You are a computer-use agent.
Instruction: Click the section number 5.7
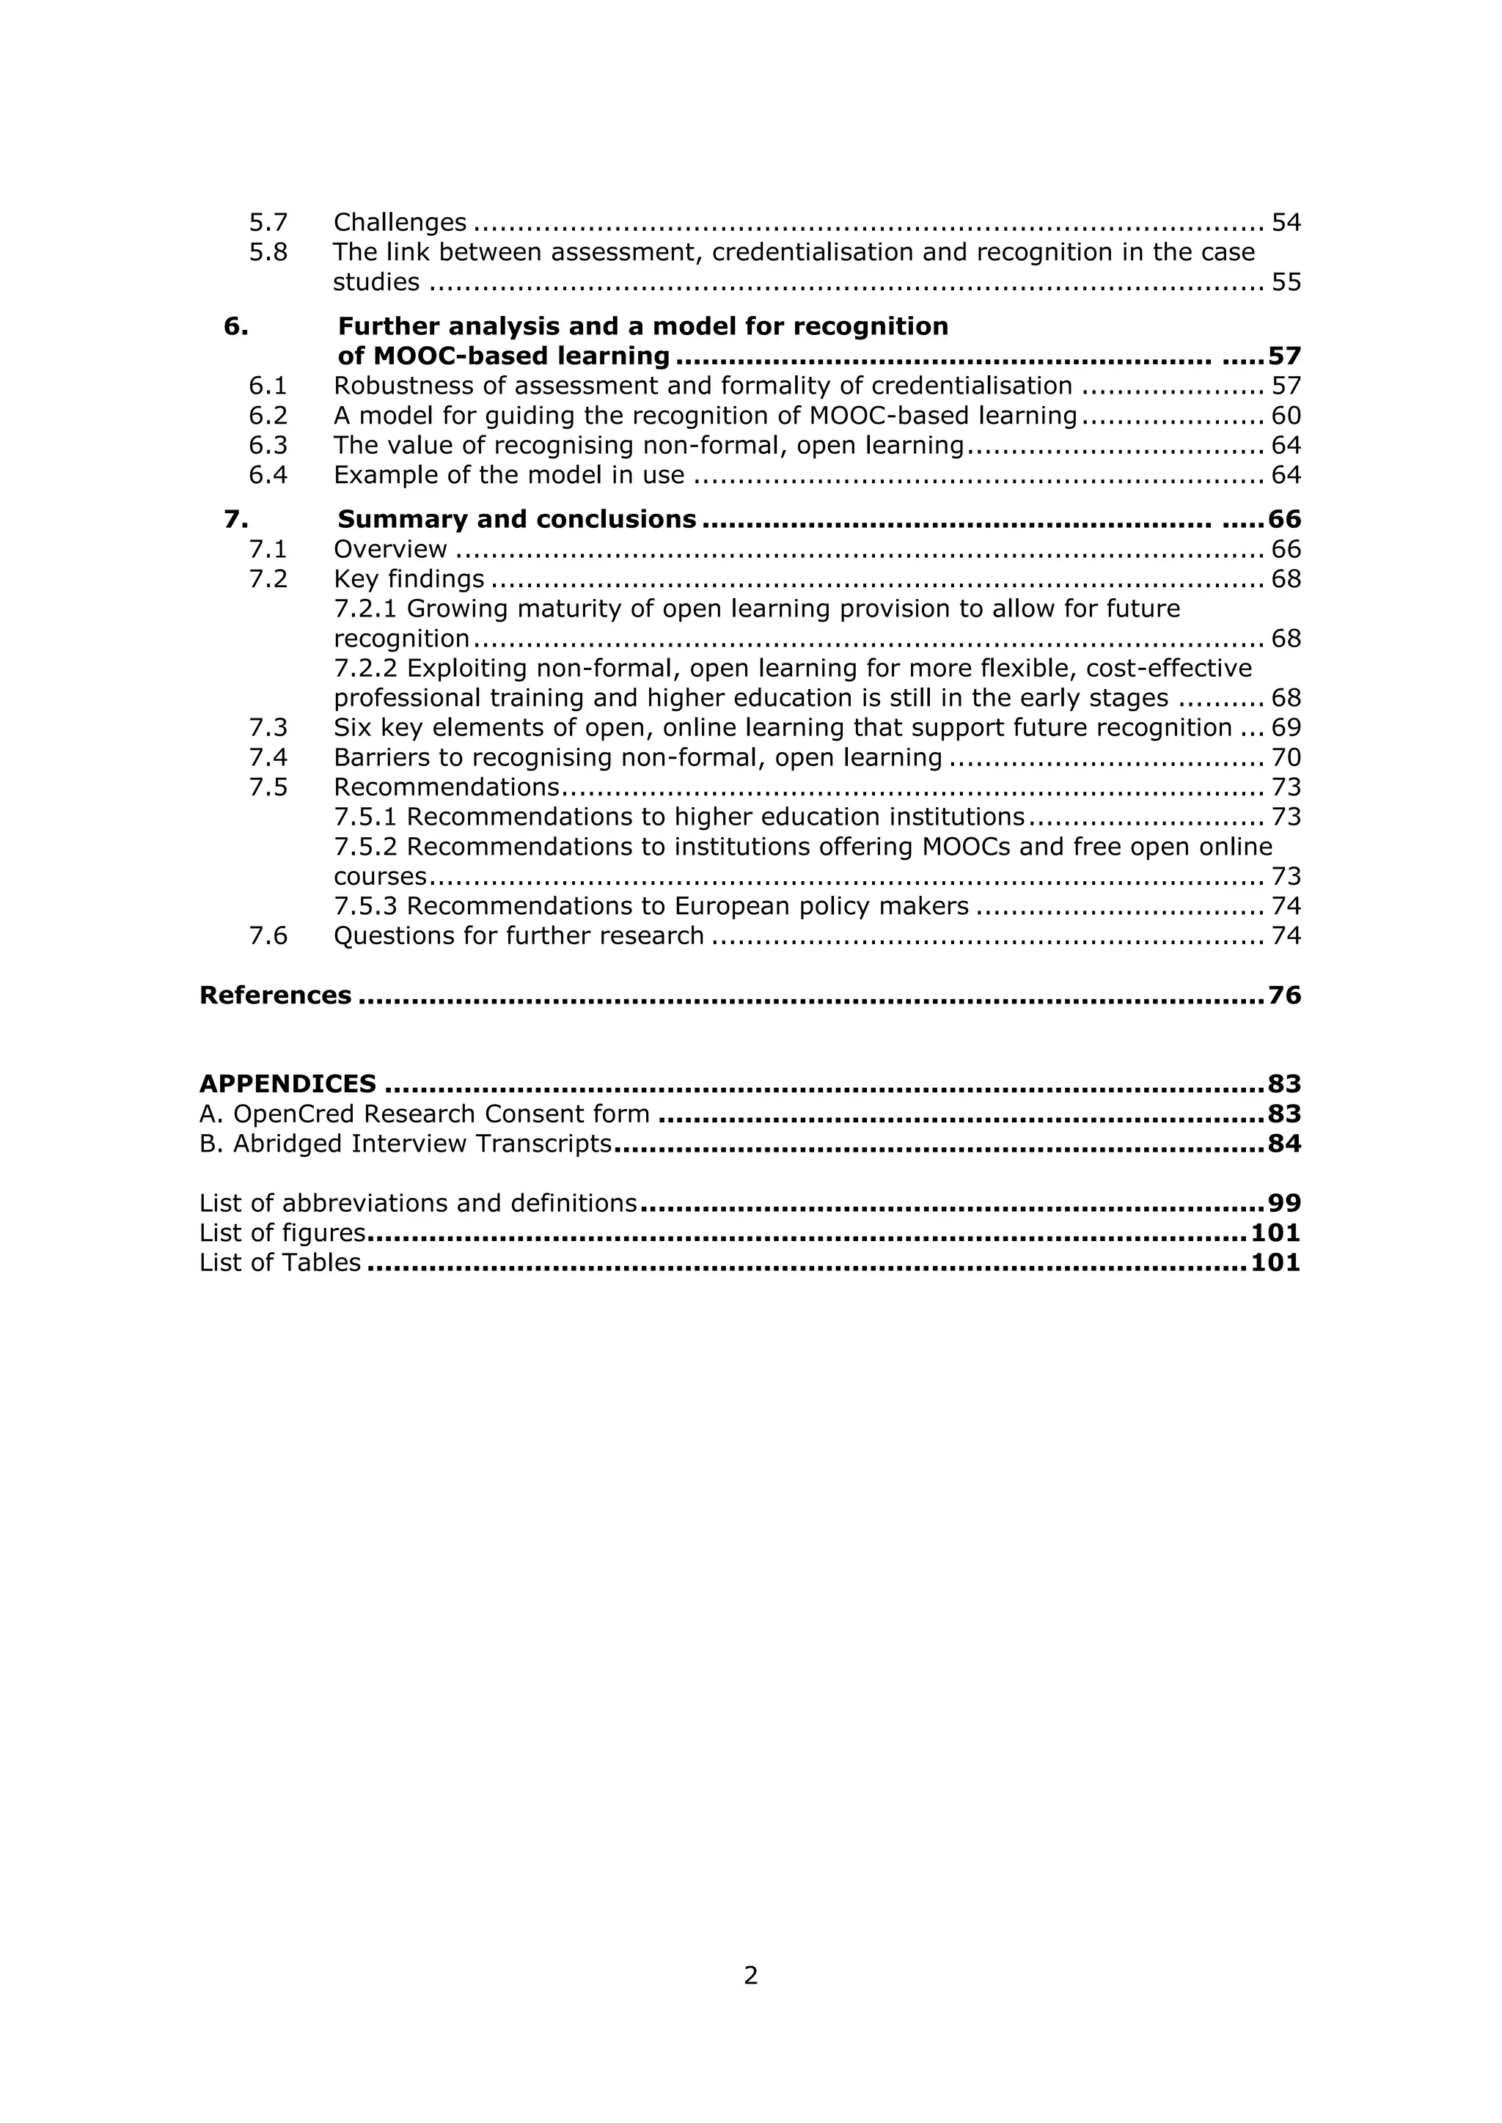pos(268,223)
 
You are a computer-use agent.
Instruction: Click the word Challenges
pos(400,223)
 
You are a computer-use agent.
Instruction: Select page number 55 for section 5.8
pos(1286,282)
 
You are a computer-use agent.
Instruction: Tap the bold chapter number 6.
pos(236,326)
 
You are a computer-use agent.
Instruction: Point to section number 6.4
pos(268,475)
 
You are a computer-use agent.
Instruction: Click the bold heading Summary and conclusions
pos(516,520)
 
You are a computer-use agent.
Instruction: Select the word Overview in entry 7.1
pos(390,549)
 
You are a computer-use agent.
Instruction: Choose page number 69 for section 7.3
pos(1286,728)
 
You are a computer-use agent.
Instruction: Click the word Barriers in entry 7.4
pos(375,758)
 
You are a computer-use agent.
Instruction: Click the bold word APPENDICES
pos(287,1083)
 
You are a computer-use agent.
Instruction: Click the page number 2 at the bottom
pos(751,1976)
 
